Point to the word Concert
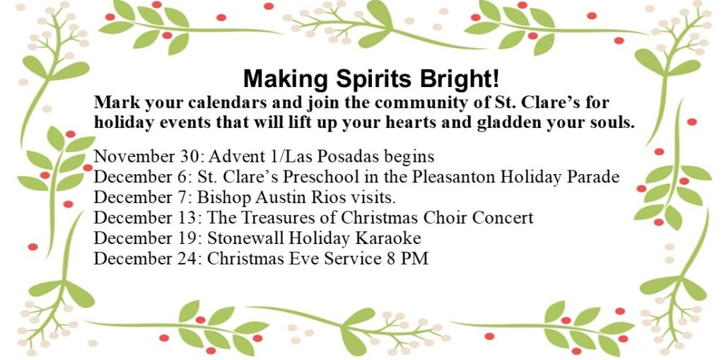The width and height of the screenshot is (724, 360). pyautogui.click(x=503, y=218)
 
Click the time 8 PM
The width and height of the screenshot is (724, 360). pyautogui.click(x=411, y=259)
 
